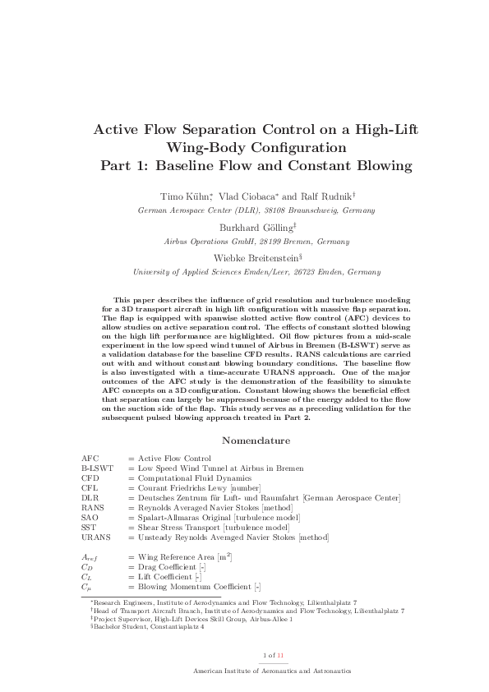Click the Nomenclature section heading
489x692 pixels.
244,440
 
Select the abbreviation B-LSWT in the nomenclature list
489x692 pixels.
97,468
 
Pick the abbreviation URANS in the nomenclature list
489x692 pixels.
95,537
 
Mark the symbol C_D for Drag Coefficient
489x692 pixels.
87,567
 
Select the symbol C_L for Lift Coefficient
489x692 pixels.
87,577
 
